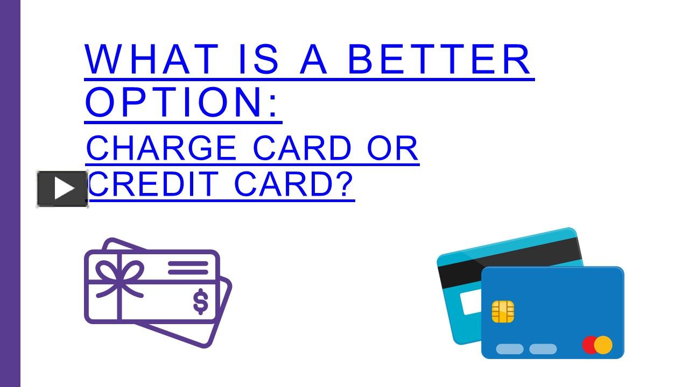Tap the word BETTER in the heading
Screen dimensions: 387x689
439,59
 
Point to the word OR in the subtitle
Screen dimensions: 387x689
392,148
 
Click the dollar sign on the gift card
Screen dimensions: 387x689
201,302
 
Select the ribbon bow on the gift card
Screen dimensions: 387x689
119,275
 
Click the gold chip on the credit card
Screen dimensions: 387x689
503,312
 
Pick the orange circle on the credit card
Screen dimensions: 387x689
604,345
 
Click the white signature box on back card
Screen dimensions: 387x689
471,302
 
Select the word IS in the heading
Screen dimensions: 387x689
258,59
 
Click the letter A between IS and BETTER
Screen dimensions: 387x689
313,59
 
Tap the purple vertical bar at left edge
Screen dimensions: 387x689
10,193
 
